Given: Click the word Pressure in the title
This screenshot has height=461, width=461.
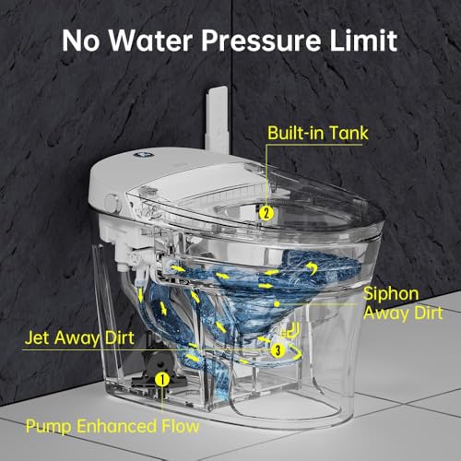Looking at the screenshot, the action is (x=261, y=41).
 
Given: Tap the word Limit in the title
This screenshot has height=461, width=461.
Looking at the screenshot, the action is (x=363, y=40).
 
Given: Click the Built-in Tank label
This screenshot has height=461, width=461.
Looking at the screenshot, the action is (x=318, y=133).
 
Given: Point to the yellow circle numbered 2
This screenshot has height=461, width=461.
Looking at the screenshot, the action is (x=266, y=213).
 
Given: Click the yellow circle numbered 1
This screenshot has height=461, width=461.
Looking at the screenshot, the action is (x=163, y=379).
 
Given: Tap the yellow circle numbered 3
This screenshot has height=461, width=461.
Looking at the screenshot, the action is (x=278, y=349).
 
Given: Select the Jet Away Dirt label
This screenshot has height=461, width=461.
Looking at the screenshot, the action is (x=79, y=338).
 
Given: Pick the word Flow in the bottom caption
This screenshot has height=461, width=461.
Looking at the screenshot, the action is (x=181, y=426).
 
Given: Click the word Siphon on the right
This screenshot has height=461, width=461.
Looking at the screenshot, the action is (x=391, y=294).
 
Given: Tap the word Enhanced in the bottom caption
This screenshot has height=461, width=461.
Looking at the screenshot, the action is (x=116, y=426).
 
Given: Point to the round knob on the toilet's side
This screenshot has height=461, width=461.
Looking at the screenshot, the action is (x=112, y=203).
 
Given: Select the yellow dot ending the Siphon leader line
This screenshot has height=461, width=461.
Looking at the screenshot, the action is (x=277, y=304).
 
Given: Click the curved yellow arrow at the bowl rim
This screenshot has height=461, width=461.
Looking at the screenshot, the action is (x=312, y=268).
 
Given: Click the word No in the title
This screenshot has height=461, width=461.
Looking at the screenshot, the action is (x=81, y=41).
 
